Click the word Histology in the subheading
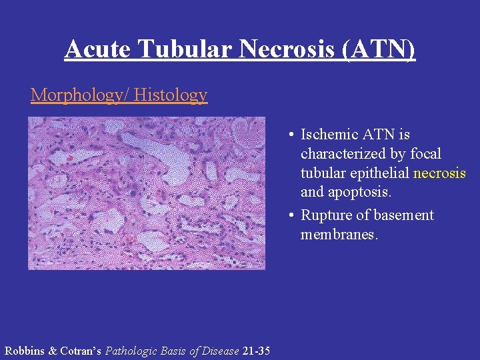[x=171, y=95]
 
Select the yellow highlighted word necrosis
[x=440, y=173]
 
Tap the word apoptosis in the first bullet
[x=356, y=193]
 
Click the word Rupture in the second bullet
[x=325, y=215]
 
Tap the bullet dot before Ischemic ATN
[x=292, y=135]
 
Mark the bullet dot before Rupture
[x=292, y=216]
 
